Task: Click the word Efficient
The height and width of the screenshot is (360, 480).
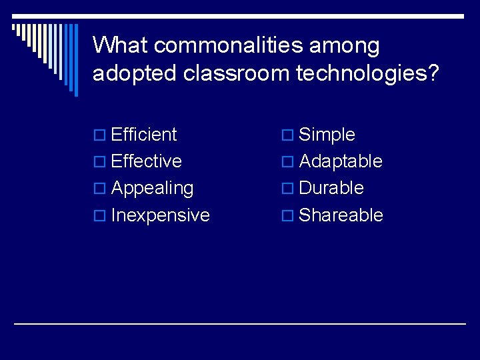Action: click(x=144, y=135)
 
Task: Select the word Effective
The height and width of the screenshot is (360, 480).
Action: click(x=147, y=161)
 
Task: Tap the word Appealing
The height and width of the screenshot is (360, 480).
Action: click(x=152, y=189)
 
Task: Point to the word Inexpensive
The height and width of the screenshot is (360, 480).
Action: click(x=161, y=215)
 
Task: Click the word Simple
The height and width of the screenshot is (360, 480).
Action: click(x=327, y=135)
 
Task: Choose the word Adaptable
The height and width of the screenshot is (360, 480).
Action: click(x=341, y=161)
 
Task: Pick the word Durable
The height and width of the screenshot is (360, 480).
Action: click(x=331, y=188)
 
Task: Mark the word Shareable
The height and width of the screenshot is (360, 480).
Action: click(x=341, y=215)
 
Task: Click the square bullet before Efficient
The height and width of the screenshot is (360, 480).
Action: click(x=101, y=136)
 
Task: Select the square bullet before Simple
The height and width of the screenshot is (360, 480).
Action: click(x=289, y=136)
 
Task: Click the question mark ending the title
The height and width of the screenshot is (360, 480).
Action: click(x=433, y=73)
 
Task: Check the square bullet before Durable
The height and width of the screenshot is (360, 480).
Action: click(x=289, y=189)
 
